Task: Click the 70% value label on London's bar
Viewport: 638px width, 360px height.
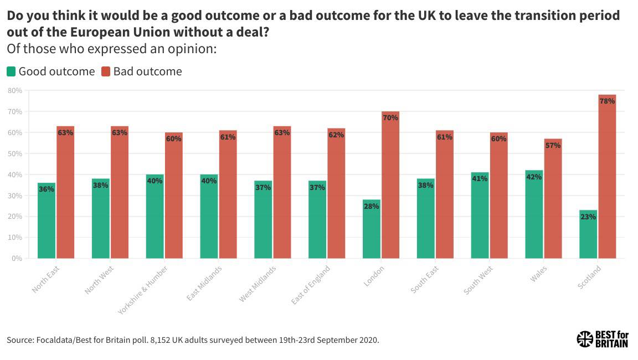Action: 390,117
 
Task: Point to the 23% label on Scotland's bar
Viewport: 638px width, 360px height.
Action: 588,217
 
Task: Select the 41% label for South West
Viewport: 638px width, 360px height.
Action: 480,179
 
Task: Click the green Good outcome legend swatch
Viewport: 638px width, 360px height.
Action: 11,71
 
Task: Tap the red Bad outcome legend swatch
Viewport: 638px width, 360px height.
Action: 106,71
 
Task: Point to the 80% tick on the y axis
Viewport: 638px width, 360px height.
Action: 15,90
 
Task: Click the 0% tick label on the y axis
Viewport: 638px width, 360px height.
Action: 17,259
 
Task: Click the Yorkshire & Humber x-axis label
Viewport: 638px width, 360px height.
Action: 143,290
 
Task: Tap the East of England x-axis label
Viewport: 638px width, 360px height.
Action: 311,285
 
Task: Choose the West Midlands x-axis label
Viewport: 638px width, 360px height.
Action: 258,284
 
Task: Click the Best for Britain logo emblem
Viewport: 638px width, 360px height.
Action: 584,339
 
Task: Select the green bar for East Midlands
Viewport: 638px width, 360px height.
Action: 209,216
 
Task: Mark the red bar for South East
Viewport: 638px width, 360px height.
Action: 444,194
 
